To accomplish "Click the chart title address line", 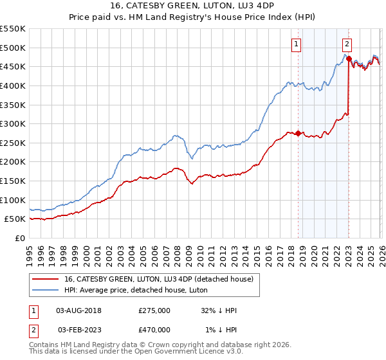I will click(x=193, y=7).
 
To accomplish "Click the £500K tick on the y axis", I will click(x=13, y=48).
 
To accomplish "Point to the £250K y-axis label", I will click(x=13, y=143).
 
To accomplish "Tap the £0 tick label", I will click(x=19, y=238).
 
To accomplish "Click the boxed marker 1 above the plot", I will click(x=296, y=44).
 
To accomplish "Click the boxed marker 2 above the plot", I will click(x=347, y=44).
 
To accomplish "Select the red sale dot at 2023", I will click(x=349, y=59).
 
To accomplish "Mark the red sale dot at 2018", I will click(x=298, y=134).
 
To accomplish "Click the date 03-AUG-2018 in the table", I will click(x=78, y=310).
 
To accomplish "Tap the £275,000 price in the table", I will click(x=154, y=310).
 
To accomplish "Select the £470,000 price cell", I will click(x=154, y=329).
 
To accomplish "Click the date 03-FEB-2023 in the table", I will click(x=78, y=329).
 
